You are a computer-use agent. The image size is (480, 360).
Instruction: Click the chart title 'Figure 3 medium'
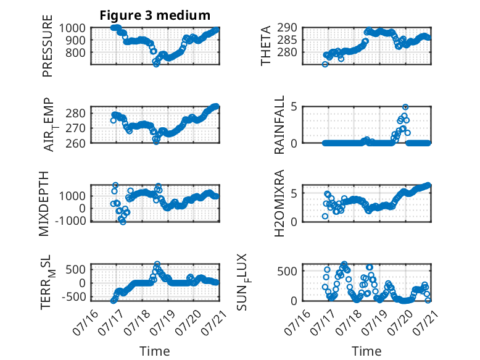[155, 15]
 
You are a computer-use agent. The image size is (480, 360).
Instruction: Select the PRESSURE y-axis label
[48, 46]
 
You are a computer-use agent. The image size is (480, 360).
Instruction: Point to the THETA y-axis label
[266, 46]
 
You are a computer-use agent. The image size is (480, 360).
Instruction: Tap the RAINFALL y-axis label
[279, 124]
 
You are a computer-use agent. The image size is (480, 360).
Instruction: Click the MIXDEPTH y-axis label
[44, 204]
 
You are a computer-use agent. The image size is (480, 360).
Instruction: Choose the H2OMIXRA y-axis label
[279, 203]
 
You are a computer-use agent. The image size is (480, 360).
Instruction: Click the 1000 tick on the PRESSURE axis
[72, 28]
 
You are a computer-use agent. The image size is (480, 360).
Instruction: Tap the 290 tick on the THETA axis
[287, 28]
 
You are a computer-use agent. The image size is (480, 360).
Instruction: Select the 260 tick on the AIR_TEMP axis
[75, 143]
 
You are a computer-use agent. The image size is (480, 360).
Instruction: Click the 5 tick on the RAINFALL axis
[294, 107]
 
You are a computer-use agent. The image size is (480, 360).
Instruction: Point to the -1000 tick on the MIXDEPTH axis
[70, 220]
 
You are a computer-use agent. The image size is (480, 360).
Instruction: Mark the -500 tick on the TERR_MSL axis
[73, 296]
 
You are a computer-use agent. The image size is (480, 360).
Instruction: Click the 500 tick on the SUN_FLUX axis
[287, 271]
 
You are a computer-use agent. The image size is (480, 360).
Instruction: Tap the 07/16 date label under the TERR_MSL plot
[86, 322]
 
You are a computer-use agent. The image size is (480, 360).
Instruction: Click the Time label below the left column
[155, 351]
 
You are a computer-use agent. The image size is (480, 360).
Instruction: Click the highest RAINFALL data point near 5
[405, 107]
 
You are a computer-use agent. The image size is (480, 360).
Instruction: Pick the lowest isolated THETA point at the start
[325, 64]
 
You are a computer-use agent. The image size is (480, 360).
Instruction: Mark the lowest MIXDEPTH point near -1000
[123, 222]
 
